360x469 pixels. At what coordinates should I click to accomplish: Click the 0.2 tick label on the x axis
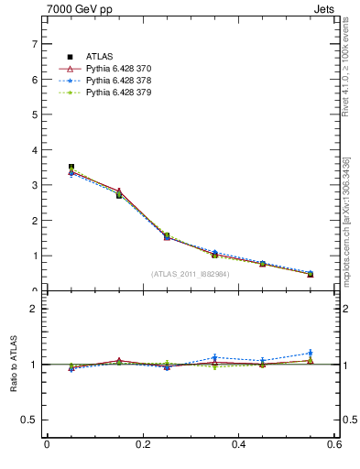[142, 444]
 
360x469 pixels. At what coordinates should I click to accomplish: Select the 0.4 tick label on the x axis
[238, 444]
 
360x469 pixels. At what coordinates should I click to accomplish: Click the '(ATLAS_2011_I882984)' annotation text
[191, 273]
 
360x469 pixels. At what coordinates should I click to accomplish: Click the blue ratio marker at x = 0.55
[311, 353]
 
